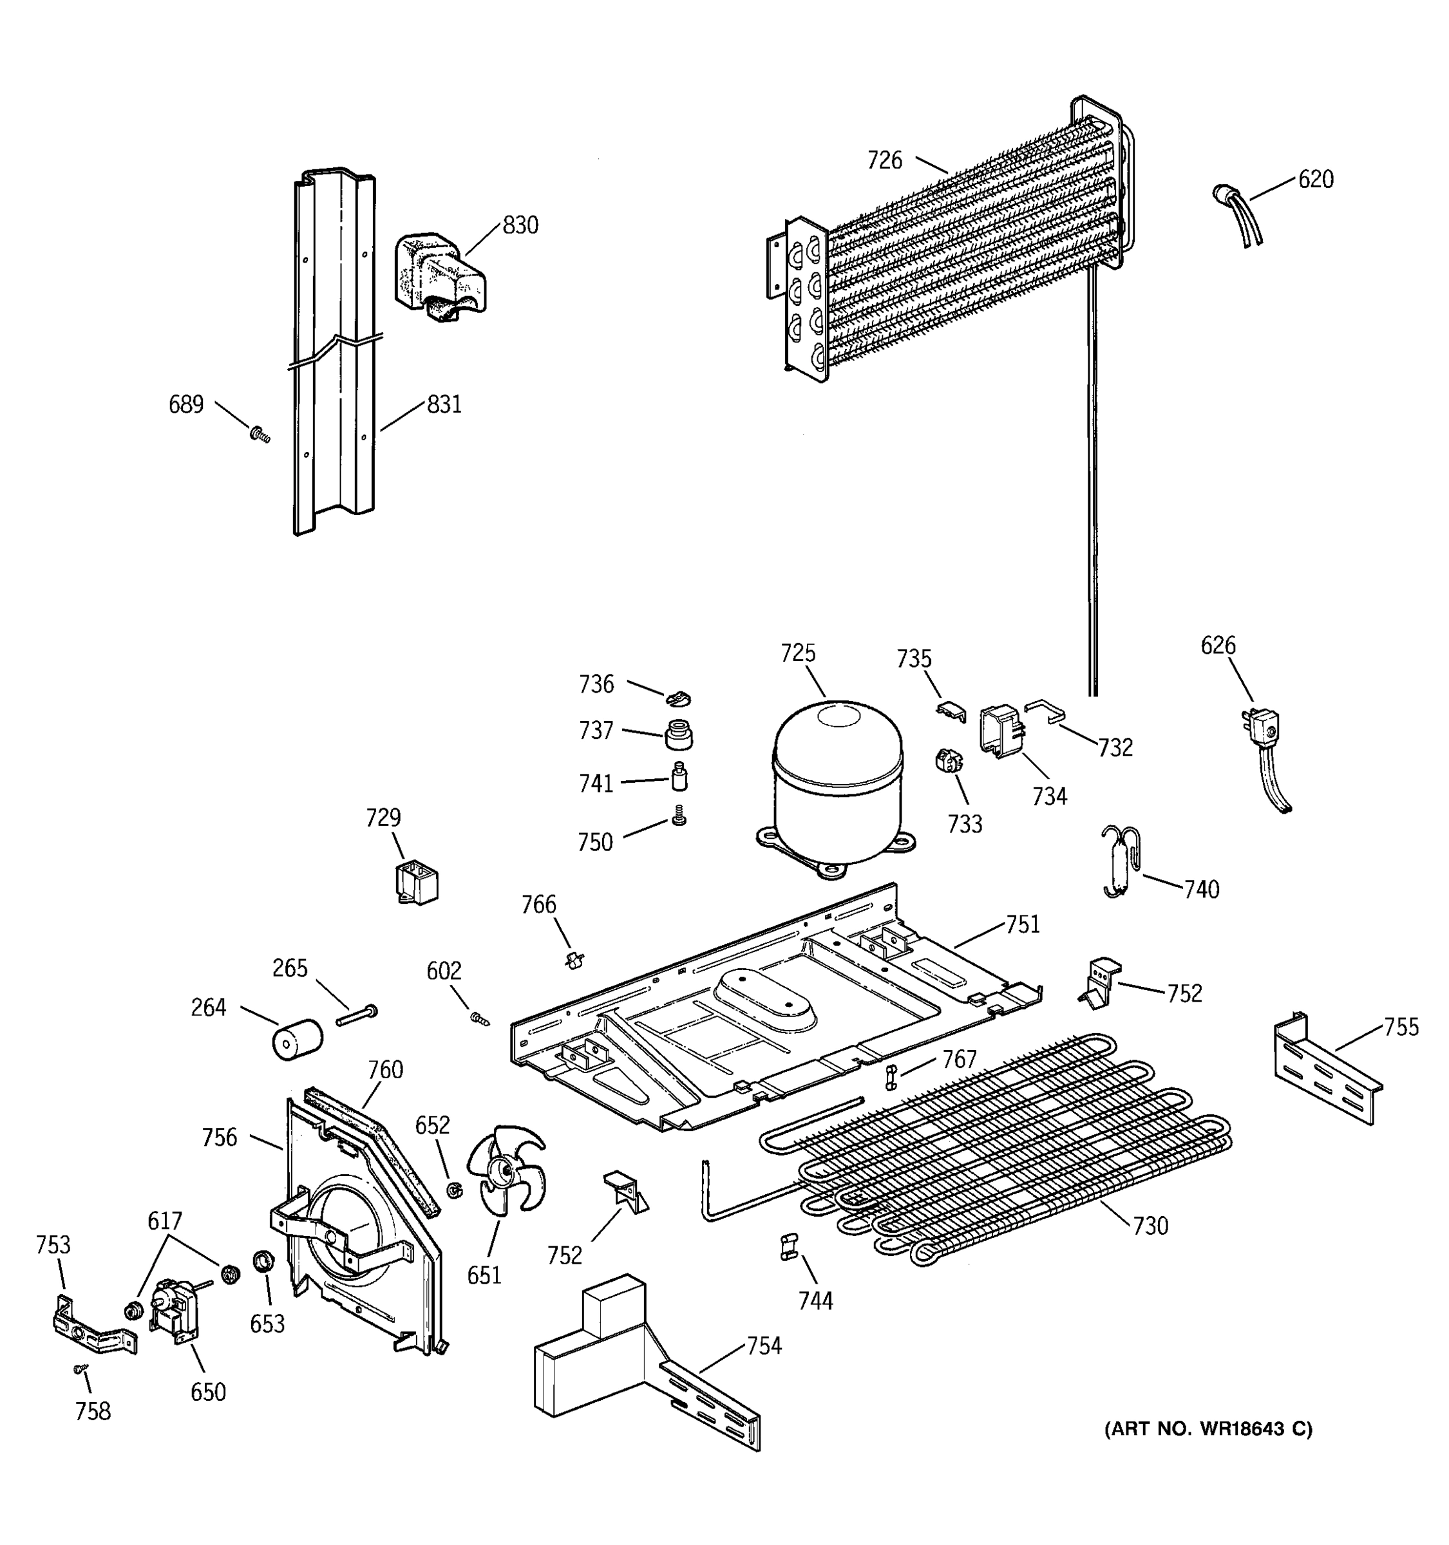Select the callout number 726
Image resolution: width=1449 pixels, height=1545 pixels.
[885, 160]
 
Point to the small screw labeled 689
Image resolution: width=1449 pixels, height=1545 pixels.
[259, 435]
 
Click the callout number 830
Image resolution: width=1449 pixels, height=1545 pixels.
[520, 225]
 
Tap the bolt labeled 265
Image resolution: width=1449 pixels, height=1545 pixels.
[357, 1015]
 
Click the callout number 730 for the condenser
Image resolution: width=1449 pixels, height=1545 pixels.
[1150, 1226]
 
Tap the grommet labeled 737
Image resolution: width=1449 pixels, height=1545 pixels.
[679, 734]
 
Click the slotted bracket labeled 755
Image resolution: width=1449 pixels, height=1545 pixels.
[1326, 1070]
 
